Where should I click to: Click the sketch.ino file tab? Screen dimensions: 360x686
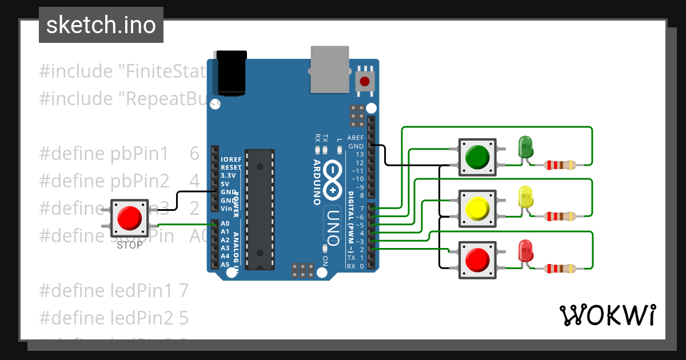click(101, 25)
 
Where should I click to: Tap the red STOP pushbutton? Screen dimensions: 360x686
click(129, 218)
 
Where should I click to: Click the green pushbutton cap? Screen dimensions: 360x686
click(477, 155)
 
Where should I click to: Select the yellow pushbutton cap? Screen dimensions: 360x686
click(477, 209)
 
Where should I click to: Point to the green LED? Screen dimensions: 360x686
click(525, 147)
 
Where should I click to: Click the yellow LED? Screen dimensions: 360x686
click(525, 197)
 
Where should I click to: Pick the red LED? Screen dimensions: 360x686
click(525, 251)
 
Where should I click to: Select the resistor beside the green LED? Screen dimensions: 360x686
click(560, 166)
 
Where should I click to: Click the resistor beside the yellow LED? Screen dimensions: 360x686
click(560, 216)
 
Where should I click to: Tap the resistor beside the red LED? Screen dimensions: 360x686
click(560, 268)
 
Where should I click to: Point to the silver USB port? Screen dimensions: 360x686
click(330, 69)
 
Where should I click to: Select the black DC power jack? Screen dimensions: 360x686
click(232, 73)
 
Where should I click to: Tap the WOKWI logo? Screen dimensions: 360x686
click(607, 315)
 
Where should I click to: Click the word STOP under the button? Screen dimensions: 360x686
click(129, 246)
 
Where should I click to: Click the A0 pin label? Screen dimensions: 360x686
click(225, 223)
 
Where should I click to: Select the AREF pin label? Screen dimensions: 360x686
click(356, 138)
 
